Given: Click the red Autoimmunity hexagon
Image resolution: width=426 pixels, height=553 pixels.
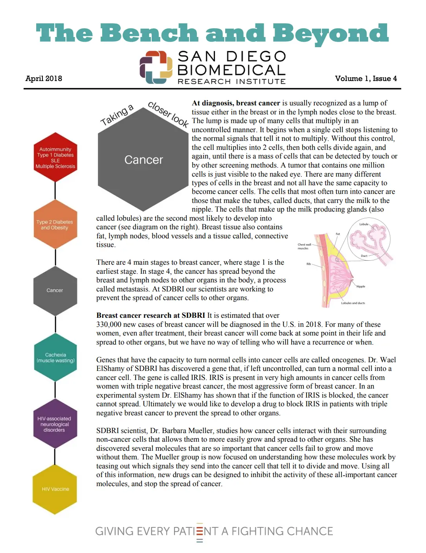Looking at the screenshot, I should tap(55, 158).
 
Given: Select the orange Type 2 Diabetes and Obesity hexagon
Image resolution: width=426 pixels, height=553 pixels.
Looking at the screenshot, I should tap(55, 225).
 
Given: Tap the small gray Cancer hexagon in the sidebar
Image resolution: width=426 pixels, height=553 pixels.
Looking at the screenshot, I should tap(55, 290).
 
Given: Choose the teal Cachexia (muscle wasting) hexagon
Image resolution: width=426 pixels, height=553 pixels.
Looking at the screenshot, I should tap(55, 358).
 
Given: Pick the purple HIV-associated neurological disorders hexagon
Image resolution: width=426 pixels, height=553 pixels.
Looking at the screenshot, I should tap(55, 424).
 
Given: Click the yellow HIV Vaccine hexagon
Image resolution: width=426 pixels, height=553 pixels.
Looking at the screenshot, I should tap(55, 489).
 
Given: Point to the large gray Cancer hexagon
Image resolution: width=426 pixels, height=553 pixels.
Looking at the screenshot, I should tap(143, 160).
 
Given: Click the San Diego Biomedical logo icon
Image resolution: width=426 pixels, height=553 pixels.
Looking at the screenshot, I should tap(156, 67).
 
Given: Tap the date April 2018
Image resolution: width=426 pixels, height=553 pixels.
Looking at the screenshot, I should tap(44, 78).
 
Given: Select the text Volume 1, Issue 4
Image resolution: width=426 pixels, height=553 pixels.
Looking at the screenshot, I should tap(365, 78).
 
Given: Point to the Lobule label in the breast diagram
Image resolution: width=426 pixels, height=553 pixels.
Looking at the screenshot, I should tap(364, 224).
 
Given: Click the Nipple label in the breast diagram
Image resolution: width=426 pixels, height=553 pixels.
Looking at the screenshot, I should tap(361, 286).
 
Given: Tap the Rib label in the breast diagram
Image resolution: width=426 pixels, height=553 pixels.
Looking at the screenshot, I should tap(308, 264).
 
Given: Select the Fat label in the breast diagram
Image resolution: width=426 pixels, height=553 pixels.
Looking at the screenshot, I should tap(338, 234).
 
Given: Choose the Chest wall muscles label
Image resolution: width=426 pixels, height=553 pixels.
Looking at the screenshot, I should tap(304, 246).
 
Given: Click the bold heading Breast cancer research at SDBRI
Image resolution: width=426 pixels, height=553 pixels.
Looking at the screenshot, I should tap(151, 315).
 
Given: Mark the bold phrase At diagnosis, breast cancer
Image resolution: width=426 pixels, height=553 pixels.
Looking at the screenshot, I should tap(236, 103).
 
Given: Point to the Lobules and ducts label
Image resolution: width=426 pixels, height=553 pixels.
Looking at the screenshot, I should tap(353, 303).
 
